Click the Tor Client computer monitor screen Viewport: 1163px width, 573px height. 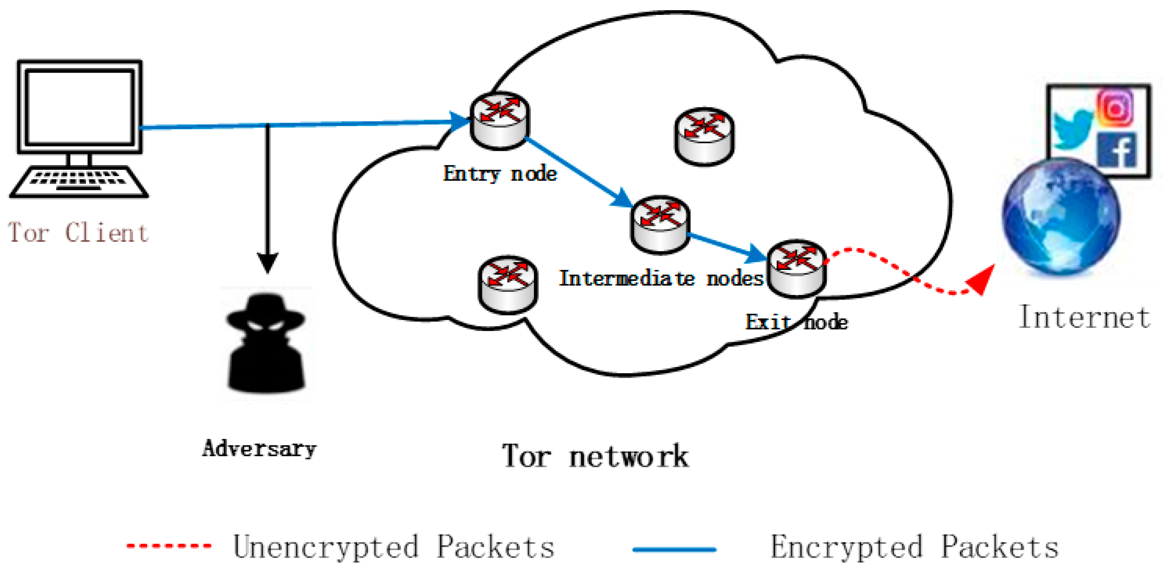pyautogui.click(x=80, y=106)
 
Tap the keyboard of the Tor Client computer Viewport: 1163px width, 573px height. pyautogui.click(x=78, y=181)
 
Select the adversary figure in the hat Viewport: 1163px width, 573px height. pyautogui.click(x=265, y=343)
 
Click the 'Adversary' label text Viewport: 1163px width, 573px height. pyautogui.click(x=259, y=449)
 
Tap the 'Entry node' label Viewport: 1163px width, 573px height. pyautogui.click(x=500, y=174)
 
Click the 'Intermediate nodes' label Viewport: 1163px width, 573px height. pyautogui.click(x=661, y=278)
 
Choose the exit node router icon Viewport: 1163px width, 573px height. pyautogui.click(x=797, y=268)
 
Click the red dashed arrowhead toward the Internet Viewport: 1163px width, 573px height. pyautogui.click(x=982, y=280)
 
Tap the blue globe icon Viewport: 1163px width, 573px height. pyautogui.click(x=1061, y=217)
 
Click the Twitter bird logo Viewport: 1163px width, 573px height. pyautogui.click(x=1073, y=128)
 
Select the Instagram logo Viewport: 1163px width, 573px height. pyautogui.click(x=1116, y=107)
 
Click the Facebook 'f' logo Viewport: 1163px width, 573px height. pyautogui.click(x=1117, y=150)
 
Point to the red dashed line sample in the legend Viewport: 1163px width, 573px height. pyautogui.click(x=169, y=546)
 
